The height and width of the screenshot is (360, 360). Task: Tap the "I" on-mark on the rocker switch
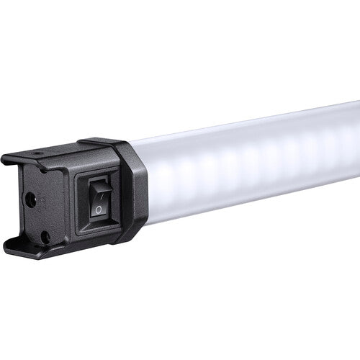click(x=101, y=194)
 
